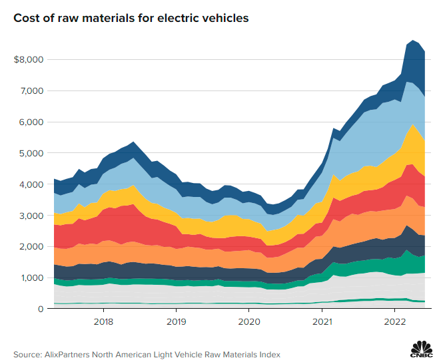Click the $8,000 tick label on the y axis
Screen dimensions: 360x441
[x=28, y=60]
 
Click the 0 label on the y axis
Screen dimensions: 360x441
[x=41, y=309]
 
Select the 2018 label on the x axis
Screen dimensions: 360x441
[x=103, y=322]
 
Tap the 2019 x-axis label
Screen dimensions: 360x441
[x=176, y=322]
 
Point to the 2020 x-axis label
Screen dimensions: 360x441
[x=249, y=322]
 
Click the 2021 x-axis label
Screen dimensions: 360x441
[x=322, y=322]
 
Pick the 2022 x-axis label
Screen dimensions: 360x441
[x=395, y=322]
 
